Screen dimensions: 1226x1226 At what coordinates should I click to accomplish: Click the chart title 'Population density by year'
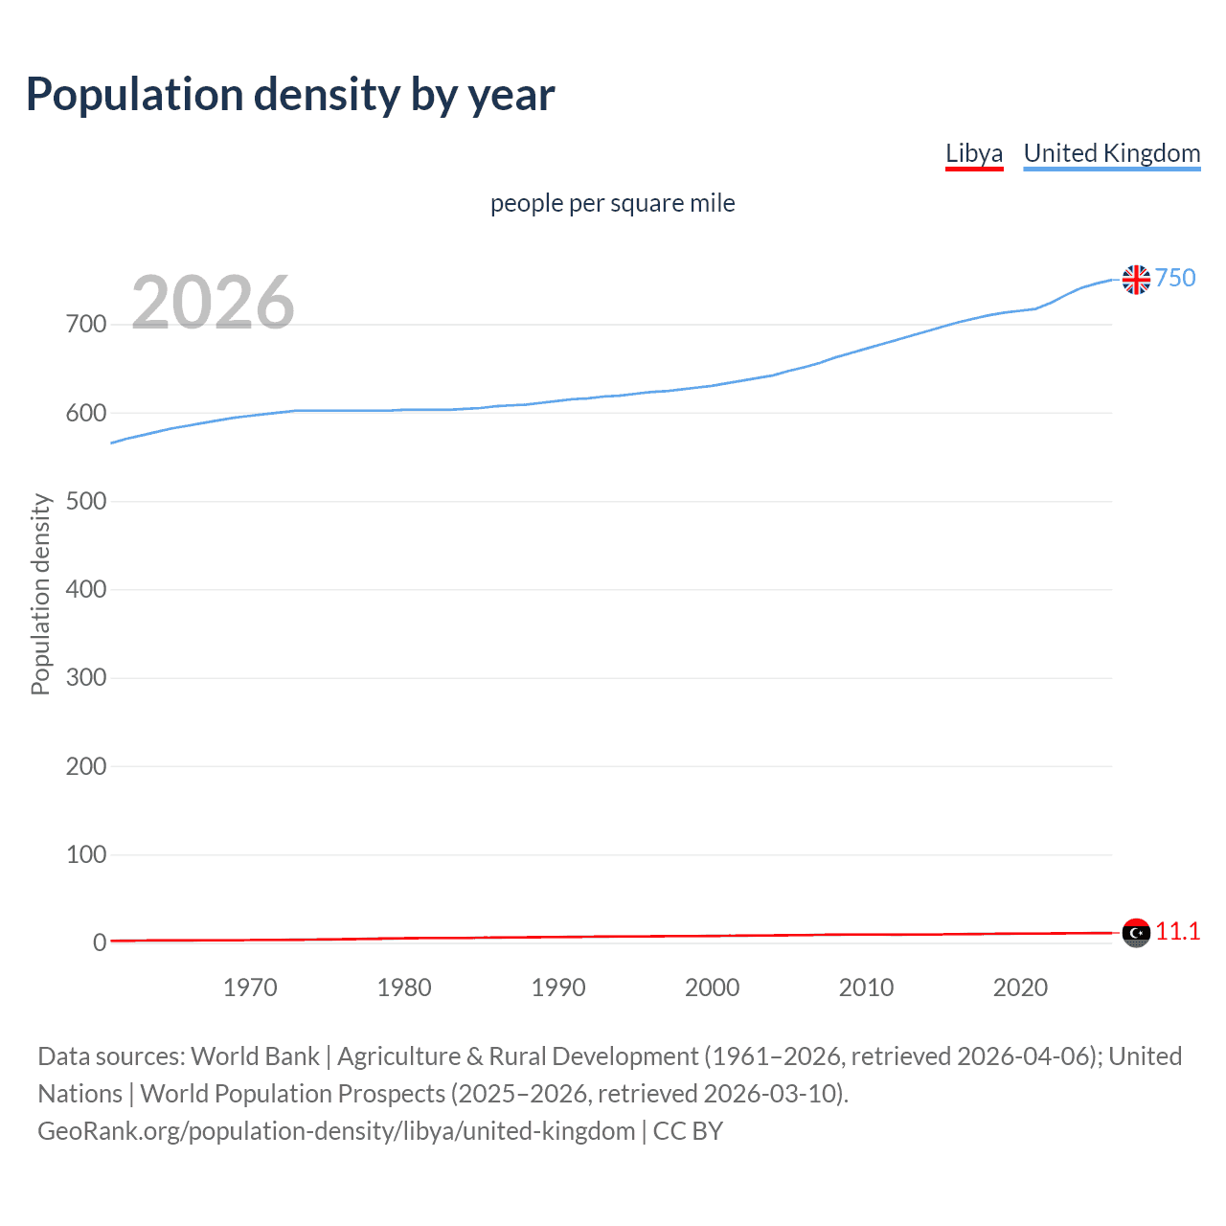(x=290, y=95)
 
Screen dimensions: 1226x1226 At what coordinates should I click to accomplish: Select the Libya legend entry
(x=973, y=153)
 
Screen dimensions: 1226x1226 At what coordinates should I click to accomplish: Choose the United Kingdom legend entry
(x=1111, y=153)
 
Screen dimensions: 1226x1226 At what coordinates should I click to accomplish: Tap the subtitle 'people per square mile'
(x=612, y=203)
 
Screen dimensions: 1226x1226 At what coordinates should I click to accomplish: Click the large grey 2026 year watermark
(x=213, y=303)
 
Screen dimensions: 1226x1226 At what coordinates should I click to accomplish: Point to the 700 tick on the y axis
(x=85, y=325)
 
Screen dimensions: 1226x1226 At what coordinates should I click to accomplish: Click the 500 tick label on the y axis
(x=85, y=501)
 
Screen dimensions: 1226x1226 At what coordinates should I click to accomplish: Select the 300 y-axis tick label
(x=85, y=678)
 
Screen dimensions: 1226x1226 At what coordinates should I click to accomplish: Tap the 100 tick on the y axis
(x=85, y=854)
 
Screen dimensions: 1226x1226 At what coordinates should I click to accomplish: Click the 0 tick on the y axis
(x=99, y=942)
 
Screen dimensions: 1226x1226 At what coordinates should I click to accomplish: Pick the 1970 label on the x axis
(x=250, y=988)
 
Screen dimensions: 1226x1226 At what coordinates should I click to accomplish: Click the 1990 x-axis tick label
(x=558, y=988)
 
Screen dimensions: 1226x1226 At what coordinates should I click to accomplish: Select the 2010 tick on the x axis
(x=866, y=988)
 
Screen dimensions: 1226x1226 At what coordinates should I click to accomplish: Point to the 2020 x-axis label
(x=1020, y=988)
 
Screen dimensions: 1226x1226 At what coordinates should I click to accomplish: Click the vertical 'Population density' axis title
(x=40, y=594)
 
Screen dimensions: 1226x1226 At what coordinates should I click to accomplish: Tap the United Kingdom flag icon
(x=1136, y=280)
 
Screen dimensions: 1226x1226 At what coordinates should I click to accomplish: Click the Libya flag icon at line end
(x=1136, y=932)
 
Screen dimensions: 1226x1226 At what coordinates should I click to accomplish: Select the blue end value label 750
(x=1175, y=278)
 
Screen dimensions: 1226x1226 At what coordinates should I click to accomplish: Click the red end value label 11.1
(x=1177, y=931)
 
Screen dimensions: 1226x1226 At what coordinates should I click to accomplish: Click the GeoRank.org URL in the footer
(x=336, y=1131)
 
